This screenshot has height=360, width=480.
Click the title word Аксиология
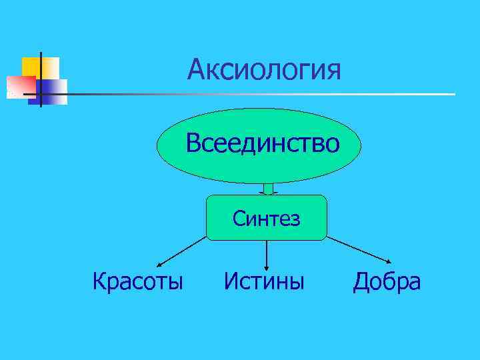pyautogui.click(x=264, y=69)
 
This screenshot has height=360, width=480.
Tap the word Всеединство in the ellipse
pyautogui.click(x=263, y=143)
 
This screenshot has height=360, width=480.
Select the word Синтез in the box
pyautogui.click(x=266, y=218)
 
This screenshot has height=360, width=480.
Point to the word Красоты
pyautogui.click(x=138, y=281)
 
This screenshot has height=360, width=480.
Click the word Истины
pyautogui.click(x=264, y=281)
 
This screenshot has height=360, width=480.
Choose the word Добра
pyautogui.click(x=387, y=281)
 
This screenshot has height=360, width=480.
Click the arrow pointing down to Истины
pyautogui.click(x=267, y=253)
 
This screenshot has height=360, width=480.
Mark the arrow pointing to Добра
pyautogui.click(x=360, y=249)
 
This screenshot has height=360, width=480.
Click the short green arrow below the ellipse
pyautogui.click(x=269, y=189)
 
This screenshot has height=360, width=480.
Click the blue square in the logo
pyautogui.click(x=52, y=92)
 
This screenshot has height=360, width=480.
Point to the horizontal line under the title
pyautogui.click(x=267, y=94)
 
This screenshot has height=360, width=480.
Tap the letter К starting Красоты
pyautogui.click(x=99, y=281)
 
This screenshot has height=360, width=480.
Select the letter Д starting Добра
pyautogui.click(x=361, y=282)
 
